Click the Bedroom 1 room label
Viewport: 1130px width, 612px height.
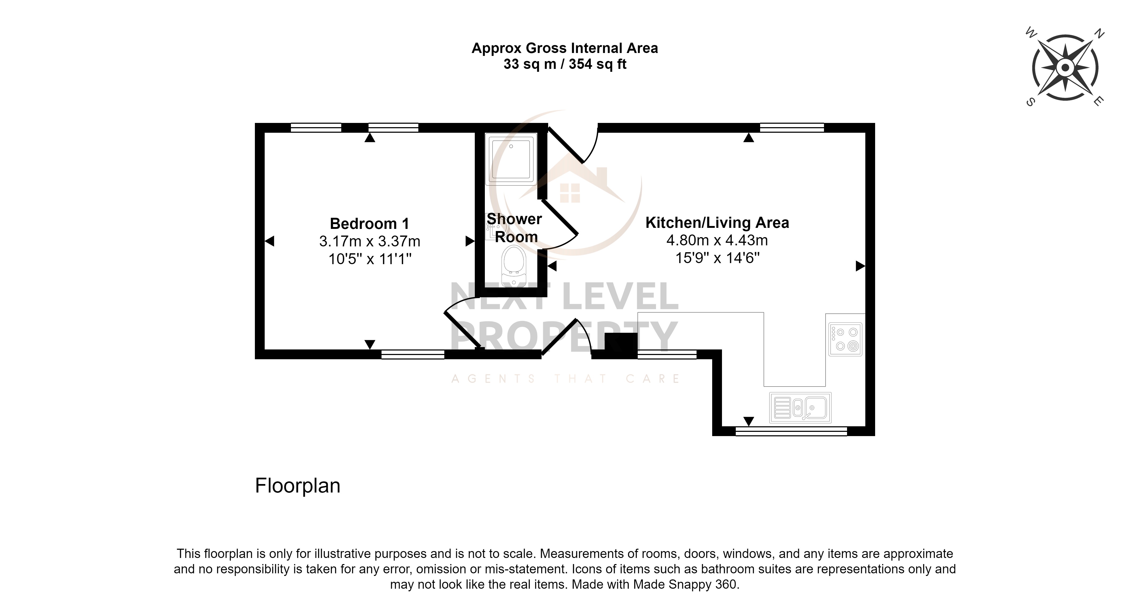(x=369, y=224)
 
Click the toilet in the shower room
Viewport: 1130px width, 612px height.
(x=514, y=265)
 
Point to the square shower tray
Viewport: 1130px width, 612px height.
(x=511, y=158)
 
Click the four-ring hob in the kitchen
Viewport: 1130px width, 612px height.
(x=845, y=339)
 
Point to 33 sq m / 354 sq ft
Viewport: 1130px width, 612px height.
(x=565, y=64)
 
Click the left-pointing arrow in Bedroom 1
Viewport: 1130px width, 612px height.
(x=269, y=241)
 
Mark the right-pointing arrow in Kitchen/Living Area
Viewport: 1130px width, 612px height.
(x=860, y=266)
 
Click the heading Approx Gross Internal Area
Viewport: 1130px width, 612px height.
(x=565, y=48)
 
